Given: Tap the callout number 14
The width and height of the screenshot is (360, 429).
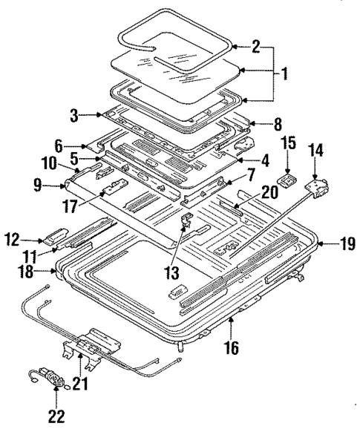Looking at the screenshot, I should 316,149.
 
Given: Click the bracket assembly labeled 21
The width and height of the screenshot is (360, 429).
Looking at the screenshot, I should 93,343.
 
